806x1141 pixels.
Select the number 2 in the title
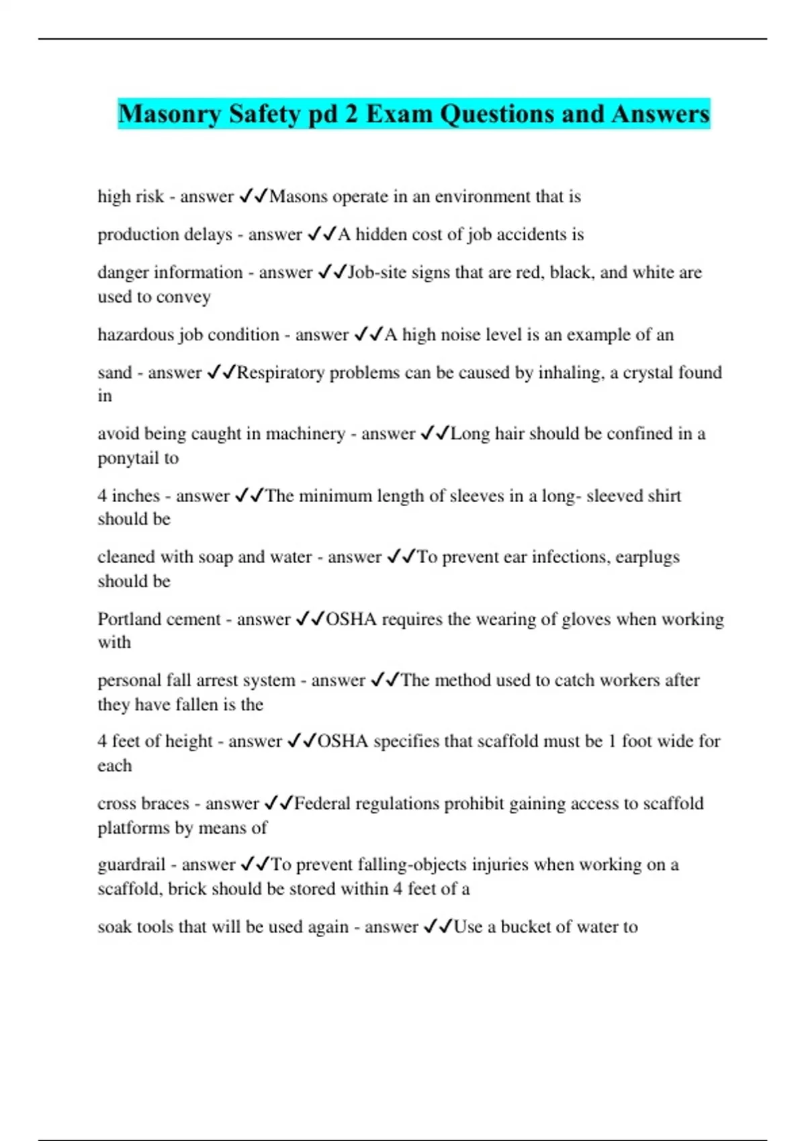[352, 114]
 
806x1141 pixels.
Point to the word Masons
[298, 197]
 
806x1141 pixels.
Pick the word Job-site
[377, 272]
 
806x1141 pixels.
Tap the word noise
[465, 334]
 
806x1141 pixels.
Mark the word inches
[136, 496]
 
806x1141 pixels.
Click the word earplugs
[647, 557]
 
